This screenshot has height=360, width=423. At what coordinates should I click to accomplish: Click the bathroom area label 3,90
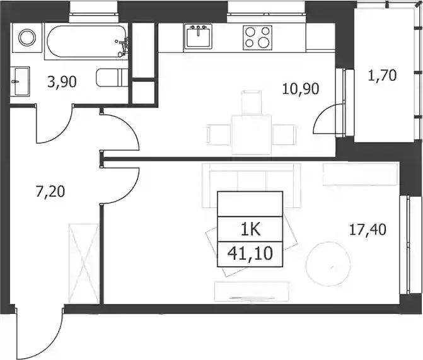(x=62, y=82)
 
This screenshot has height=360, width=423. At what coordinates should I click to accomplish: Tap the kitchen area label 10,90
(x=301, y=89)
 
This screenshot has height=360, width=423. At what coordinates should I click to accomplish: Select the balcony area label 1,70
(x=382, y=75)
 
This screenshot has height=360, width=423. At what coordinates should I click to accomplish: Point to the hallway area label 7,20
(x=50, y=192)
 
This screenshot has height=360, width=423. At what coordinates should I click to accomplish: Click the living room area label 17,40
(x=368, y=229)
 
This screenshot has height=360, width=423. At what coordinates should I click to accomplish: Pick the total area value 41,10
(x=250, y=253)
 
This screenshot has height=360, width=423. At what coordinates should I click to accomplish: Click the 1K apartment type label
(x=251, y=229)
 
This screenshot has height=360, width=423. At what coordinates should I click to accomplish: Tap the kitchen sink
(x=199, y=37)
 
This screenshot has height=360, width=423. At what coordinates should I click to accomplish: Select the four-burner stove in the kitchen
(x=257, y=37)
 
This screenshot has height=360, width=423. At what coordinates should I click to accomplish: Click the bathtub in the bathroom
(x=86, y=41)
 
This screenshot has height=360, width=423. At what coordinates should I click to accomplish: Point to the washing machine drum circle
(x=26, y=37)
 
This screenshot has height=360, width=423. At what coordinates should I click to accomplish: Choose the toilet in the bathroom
(x=112, y=78)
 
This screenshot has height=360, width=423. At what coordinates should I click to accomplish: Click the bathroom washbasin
(x=20, y=81)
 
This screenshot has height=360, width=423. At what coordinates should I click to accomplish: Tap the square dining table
(x=251, y=135)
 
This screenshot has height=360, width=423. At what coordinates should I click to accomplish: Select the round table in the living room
(x=328, y=264)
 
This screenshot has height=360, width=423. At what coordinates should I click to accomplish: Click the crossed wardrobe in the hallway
(x=84, y=264)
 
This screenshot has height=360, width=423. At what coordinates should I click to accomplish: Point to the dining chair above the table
(x=252, y=102)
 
